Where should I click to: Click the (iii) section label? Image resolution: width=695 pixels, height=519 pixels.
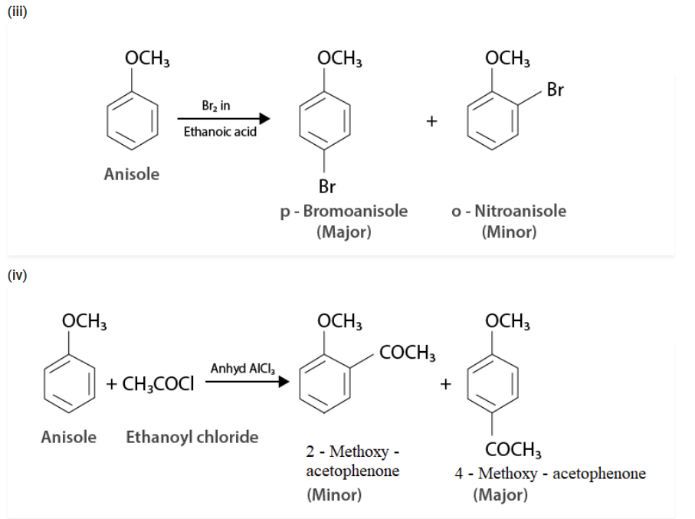(x=17, y=13)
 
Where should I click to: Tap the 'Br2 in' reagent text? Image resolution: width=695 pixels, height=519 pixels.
(x=215, y=106)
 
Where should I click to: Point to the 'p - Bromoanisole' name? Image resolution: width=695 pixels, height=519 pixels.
(x=343, y=211)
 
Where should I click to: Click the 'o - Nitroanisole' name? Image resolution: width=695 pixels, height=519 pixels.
(x=509, y=211)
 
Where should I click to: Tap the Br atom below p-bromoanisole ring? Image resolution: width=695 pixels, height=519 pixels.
(x=327, y=186)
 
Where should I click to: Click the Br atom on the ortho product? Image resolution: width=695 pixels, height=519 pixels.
(x=556, y=90)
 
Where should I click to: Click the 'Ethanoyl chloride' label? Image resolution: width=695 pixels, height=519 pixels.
(x=192, y=437)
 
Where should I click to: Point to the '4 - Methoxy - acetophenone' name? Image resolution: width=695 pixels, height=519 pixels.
(x=549, y=473)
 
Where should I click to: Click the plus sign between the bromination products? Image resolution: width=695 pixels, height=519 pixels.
(x=432, y=120)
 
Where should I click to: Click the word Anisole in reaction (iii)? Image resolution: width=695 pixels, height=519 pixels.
(x=132, y=174)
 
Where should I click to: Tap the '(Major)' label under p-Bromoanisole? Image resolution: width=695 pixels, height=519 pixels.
(x=343, y=232)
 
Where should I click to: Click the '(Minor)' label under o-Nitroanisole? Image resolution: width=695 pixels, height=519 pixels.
(x=509, y=232)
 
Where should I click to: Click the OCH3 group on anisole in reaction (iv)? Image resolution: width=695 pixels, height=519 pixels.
(x=84, y=321)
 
